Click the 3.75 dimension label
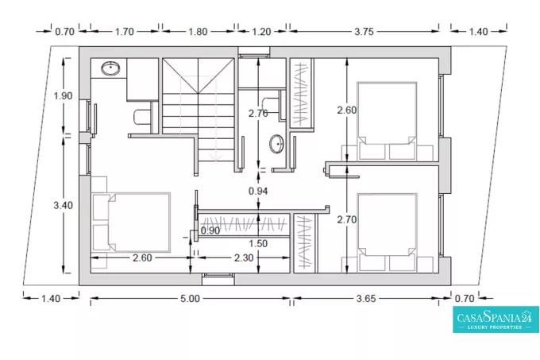[x=364, y=32]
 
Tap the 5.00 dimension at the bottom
[x=190, y=298]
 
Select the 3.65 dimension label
[x=366, y=298]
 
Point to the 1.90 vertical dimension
[x=63, y=96]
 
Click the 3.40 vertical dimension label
[x=63, y=205]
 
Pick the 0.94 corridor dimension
[x=258, y=191]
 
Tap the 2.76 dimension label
[x=258, y=113]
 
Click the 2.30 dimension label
[x=244, y=257]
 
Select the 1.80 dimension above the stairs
[x=198, y=32]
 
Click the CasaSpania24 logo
[x=496, y=319]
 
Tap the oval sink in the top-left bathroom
[x=110, y=68]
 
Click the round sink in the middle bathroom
[x=276, y=144]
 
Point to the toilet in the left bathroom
[x=142, y=117]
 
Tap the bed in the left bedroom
[x=131, y=223]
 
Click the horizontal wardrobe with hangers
[x=244, y=225]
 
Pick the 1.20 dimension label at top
[x=261, y=32]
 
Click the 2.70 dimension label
[x=347, y=219]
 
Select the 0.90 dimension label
[x=210, y=230]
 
